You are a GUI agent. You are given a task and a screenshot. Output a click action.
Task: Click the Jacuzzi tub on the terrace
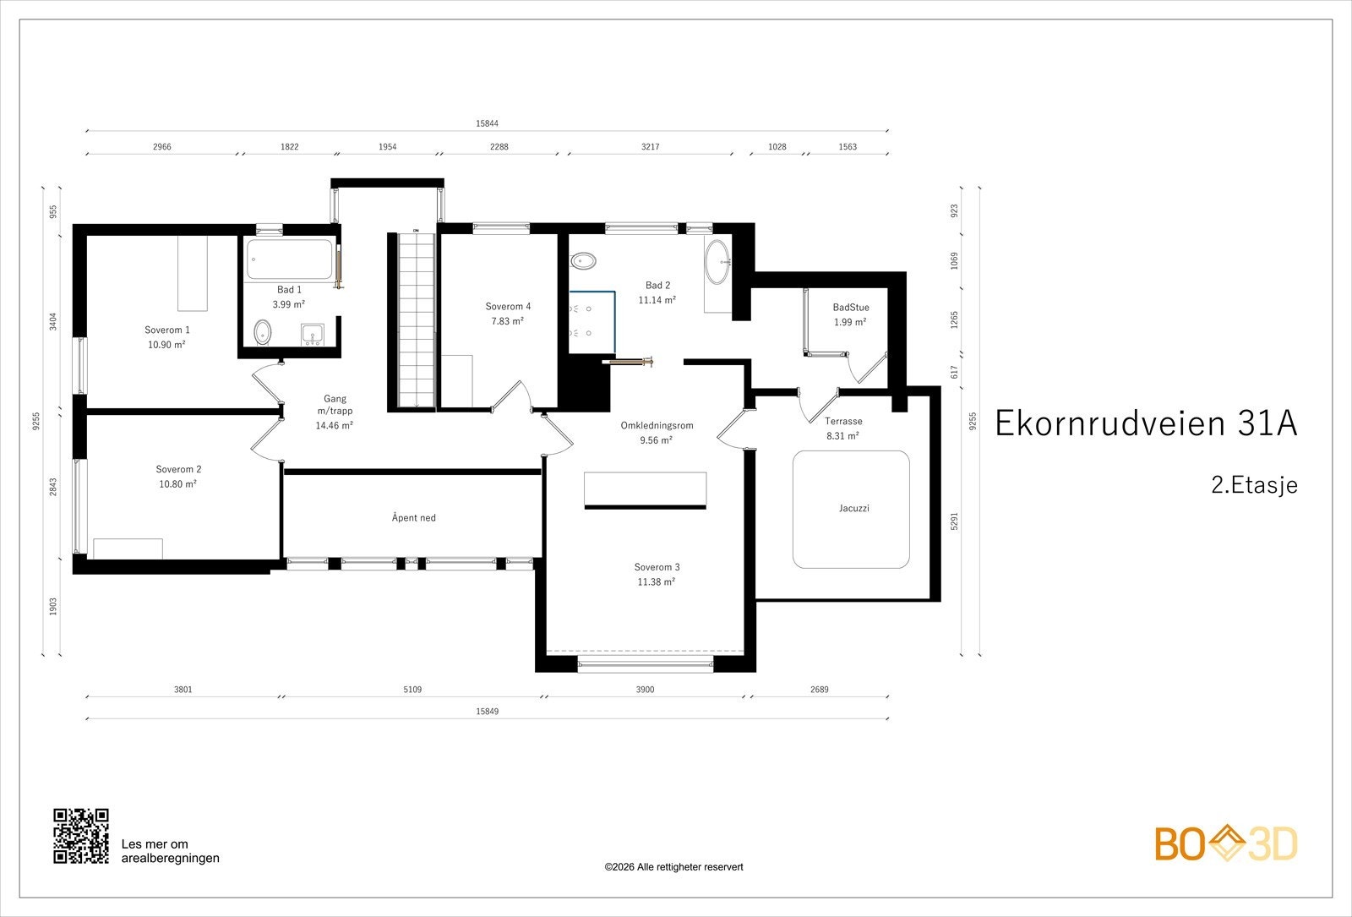click(x=851, y=510)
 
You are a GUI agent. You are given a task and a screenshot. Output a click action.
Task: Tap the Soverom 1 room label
click(x=167, y=330)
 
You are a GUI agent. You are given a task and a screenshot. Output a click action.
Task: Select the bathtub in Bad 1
click(x=290, y=259)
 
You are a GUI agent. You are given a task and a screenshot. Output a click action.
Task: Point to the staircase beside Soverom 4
click(x=416, y=319)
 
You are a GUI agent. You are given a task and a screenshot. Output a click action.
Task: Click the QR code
click(x=81, y=836)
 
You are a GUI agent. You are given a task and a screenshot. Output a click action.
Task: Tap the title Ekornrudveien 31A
click(x=1146, y=423)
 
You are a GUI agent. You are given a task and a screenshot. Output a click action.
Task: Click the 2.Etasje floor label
click(x=1254, y=485)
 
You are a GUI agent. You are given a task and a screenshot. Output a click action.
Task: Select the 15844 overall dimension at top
click(x=487, y=123)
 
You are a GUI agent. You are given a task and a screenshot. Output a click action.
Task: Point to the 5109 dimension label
click(x=412, y=690)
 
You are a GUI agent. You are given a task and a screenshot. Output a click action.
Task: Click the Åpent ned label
click(x=413, y=517)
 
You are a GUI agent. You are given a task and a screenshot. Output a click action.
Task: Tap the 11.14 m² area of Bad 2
click(x=657, y=300)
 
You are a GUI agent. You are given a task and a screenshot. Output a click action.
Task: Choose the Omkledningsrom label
click(x=657, y=426)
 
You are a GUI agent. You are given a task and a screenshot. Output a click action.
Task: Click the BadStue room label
click(x=851, y=308)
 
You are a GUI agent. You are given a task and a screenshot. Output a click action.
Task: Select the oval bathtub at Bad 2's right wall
click(x=717, y=262)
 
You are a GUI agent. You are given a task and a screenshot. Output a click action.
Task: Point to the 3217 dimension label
click(x=650, y=147)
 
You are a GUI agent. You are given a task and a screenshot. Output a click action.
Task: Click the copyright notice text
click(x=673, y=867)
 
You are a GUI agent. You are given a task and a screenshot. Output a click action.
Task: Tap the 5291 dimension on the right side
click(x=954, y=521)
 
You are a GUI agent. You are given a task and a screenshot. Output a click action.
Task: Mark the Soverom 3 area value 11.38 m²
click(x=656, y=582)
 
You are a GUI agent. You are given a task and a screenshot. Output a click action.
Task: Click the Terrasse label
click(x=843, y=421)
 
